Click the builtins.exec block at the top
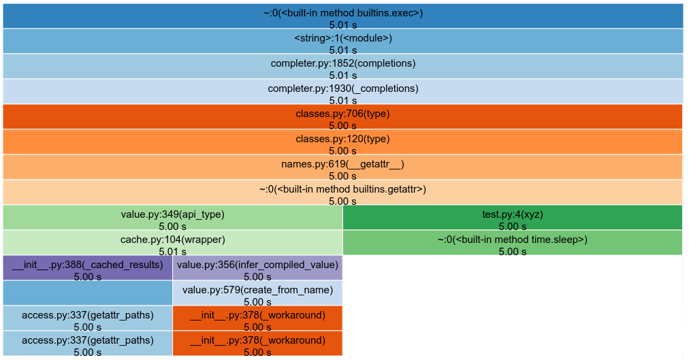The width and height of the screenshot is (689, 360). pos(342,16)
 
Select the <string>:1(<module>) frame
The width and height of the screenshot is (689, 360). pos(342,41)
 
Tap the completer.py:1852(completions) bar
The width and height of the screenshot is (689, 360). pos(342,66)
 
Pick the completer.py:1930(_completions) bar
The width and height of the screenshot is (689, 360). pos(342,91)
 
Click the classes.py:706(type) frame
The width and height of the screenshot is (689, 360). pos(342,116)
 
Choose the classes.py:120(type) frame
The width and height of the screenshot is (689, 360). pos(342,142)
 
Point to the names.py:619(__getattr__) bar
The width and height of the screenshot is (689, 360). pos(342,167)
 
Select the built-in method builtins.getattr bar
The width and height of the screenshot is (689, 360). pos(342,192)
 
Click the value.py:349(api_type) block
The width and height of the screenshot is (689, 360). pos(172,217)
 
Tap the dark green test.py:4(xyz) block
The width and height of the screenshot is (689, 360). pos(512,217)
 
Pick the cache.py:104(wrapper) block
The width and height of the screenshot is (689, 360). pos(172,242)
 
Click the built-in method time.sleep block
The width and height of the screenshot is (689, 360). pos(512,242)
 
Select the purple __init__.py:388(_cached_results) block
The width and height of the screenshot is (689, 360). pos(88,267)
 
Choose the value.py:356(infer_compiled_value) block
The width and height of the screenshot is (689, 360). pos(257,267)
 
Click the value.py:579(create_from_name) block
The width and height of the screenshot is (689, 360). pos(257,293)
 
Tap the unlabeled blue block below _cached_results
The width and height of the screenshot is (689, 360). pos(88,293)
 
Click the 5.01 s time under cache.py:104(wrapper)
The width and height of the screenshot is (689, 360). pos(172,251)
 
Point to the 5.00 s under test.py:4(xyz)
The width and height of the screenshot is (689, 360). pos(512,227)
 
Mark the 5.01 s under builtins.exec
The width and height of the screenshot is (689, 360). pos(342,24)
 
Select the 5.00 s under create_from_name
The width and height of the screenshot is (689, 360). pos(257,301)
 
